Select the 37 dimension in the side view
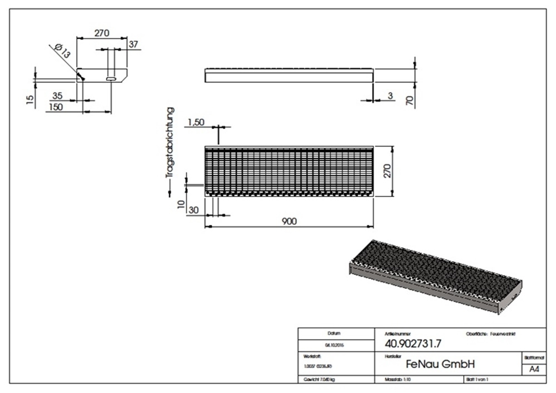(133, 44)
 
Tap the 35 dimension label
(57, 96)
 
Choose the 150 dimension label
(56, 107)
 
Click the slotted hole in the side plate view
(111, 80)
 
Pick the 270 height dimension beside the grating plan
(388, 170)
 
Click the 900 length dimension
(289, 221)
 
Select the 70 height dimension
(410, 101)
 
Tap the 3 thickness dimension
(390, 96)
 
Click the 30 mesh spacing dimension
(194, 210)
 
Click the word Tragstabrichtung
(171, 143)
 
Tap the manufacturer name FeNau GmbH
(440, 364)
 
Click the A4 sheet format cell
(534, 369)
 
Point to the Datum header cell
(334, 333)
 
